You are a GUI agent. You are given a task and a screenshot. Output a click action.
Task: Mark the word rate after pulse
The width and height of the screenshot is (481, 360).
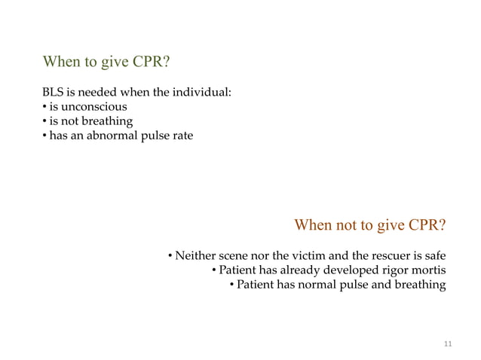(x=181, y=136)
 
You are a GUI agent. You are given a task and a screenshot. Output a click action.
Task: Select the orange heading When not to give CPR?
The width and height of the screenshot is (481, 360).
(x=369, y=225)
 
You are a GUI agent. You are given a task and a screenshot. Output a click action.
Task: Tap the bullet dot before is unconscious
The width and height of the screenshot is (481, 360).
(x=44, y=107)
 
